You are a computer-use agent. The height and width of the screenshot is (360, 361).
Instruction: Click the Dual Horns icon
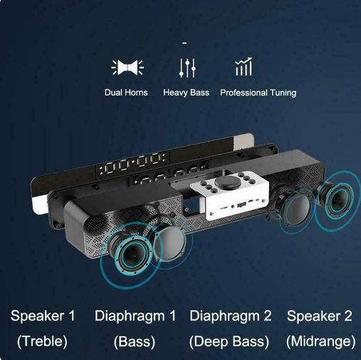point(127,68)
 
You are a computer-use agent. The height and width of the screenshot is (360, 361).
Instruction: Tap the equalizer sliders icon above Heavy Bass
point(187,68)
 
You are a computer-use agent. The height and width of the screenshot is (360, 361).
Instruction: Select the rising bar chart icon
point(244,67)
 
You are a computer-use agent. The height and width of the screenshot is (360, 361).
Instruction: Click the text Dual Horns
point(126,92)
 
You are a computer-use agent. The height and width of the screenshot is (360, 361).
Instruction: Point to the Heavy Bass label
point(187,92)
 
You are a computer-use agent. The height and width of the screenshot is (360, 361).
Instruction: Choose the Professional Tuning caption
point(258,92)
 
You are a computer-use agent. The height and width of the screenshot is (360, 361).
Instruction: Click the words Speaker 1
point(43,316)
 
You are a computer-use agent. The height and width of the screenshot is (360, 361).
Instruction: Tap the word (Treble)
point(42,342)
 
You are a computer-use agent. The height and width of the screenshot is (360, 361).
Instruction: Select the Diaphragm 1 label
point(135,316)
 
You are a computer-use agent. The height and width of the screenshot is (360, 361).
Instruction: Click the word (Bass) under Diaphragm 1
point(135,342)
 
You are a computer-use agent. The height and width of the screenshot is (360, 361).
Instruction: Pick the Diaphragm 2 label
point(231,316)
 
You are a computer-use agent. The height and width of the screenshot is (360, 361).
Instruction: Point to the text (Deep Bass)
point(229,342)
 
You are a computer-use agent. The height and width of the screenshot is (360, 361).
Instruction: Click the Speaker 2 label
point(320,316)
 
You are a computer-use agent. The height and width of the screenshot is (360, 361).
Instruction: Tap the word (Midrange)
point(321,342)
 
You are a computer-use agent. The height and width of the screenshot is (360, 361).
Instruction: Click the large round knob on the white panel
point(229,182)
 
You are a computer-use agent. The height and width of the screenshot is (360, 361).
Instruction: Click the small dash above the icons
point(184,43)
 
